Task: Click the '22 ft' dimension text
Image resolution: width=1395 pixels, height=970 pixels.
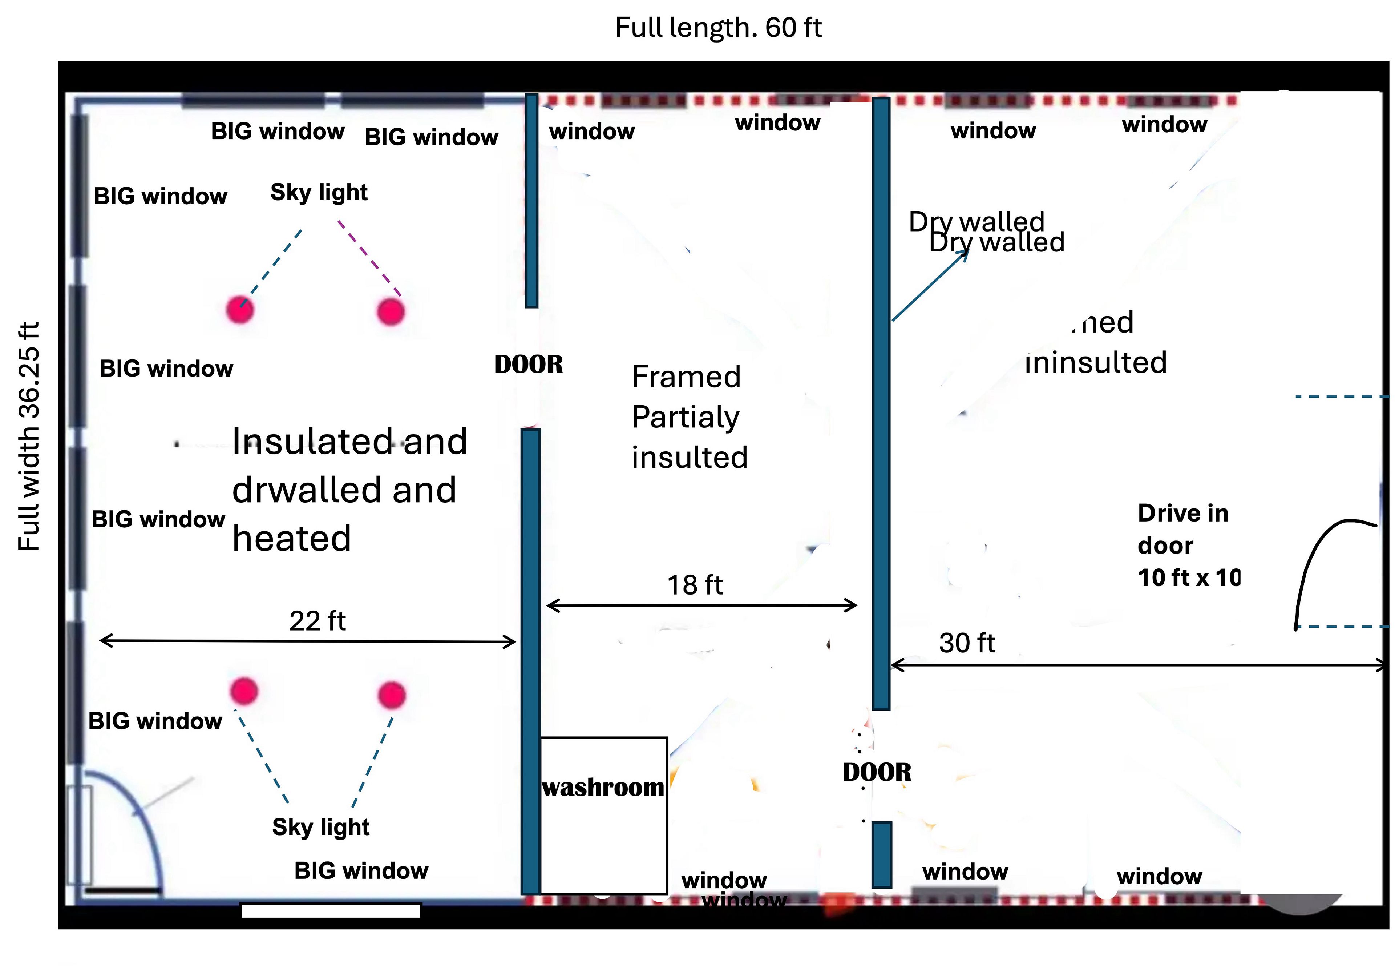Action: point(317,621)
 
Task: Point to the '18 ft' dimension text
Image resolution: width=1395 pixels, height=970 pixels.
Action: point(695,585)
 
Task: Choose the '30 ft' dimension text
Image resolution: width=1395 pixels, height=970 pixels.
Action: point(967,643)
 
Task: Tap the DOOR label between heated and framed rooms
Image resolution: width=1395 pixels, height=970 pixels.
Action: point(528,365)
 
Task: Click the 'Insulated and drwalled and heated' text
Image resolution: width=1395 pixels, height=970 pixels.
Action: point(349,490)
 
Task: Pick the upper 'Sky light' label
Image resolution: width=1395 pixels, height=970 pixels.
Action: point(319,193)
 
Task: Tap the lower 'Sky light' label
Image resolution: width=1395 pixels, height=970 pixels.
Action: point(321,827)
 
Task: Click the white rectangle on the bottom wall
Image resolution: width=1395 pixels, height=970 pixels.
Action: point(331,910)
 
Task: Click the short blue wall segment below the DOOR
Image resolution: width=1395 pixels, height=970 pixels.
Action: point(882,854)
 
